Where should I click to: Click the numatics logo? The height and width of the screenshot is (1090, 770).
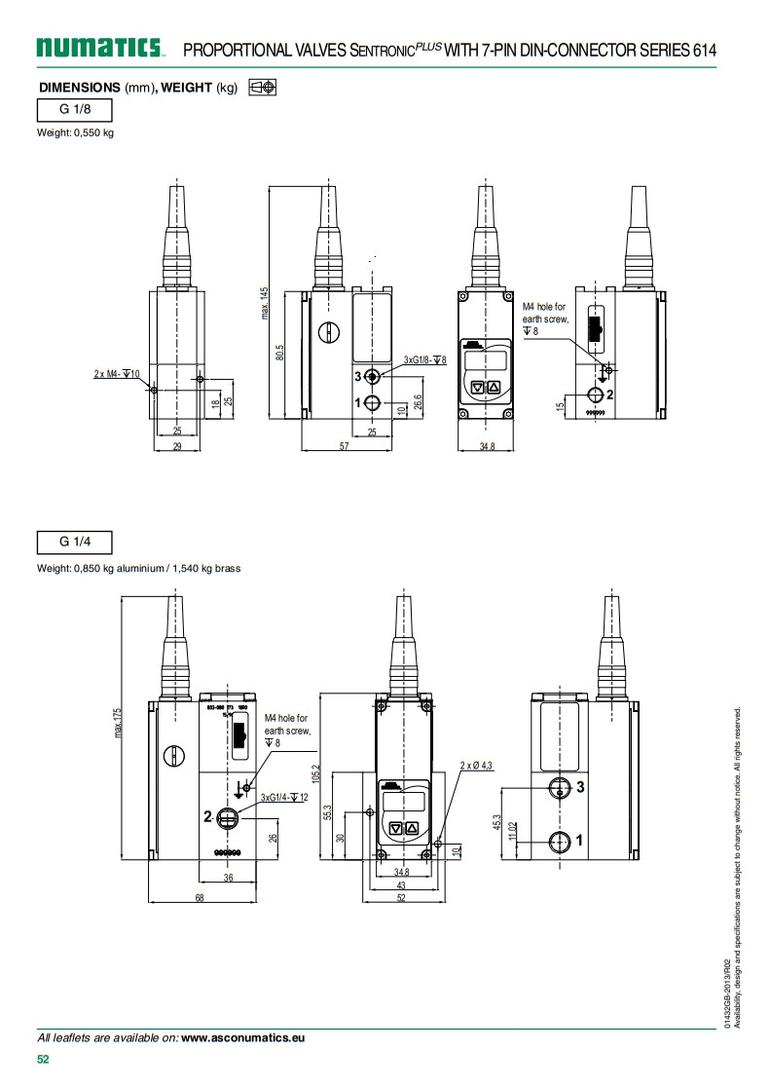100,47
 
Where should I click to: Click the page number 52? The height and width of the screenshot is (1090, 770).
43,1060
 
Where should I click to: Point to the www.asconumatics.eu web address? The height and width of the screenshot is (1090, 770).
243,1038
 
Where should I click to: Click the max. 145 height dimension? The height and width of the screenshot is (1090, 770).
265,303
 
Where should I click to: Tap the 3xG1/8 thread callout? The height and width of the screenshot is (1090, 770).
424,360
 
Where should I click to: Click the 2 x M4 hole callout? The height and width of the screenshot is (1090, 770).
118,373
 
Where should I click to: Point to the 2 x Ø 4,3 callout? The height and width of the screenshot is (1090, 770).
477,766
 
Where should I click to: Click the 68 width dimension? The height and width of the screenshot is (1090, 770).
200,898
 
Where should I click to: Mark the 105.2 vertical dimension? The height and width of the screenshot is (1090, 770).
316,773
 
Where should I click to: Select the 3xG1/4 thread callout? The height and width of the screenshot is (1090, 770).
284,798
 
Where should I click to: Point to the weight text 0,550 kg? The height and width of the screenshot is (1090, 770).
76,132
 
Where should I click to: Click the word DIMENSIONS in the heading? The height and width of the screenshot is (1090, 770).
79,87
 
